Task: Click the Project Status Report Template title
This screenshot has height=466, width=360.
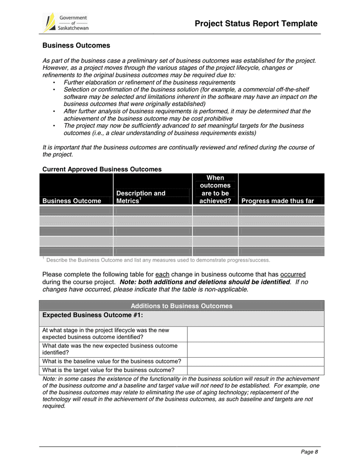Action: pyautogui.click(x=256, y=24)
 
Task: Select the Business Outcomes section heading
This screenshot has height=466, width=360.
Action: pyautogui.click(x=76, y=46)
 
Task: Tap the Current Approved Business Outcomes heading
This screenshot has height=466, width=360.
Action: pyautogui.click(x=102, y=169)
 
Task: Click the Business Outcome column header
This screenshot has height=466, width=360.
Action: pyautogui.click(x=72, y=201)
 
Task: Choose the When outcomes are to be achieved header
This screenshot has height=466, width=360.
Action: pyautogui.click(x=215, y=189)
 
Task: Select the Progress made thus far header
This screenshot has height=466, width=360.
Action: pyautogui.click(x=278, y=201)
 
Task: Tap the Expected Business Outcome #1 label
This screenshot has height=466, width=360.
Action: pyautogui.click(x=93, y=315)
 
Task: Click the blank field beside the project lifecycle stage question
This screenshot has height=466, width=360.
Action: pyautogui.click(x=255, y=334)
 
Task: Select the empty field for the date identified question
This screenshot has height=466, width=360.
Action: pyautogui.click(x=255, y=349)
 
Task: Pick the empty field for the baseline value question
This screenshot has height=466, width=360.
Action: pyautogui.click(x=255, y=361)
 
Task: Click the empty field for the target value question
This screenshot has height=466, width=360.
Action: pyautogui.click(x=255, y=370)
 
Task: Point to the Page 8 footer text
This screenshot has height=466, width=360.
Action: pyautogui.click(x=309, y=452)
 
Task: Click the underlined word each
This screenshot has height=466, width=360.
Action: pyautogui.click(x=162, y=274)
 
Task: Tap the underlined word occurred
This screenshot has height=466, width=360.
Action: pyautogui.click(x=293, y=274)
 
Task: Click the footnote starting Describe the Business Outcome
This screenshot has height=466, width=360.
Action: pyautogui.click(x=158, y=260)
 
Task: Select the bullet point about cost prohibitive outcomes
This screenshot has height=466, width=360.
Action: pyautogui.click(x=186, y=115)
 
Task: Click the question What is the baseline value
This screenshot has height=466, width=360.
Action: pyautogui.click(x=111, y=361)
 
